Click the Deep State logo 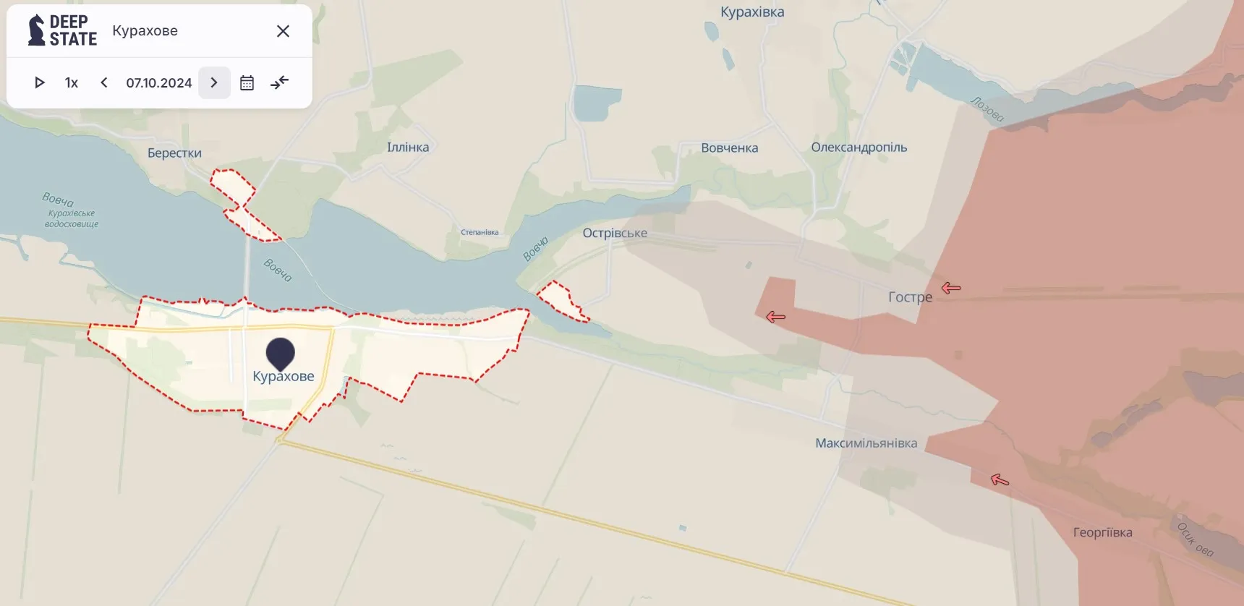click(x=62, y=30)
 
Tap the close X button click(x=283, y=31)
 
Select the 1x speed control click(x=71, y=83)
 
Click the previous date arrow click(x=104, y=82)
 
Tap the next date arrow click(x=214, y=82)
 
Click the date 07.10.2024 click(x=159, y=83)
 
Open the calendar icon click(x=247, y=83)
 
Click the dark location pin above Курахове click(x=281, y=353)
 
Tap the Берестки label click(x=174, y=153)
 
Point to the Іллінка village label click(x=408, y=148)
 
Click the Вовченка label click(x=729, y=148)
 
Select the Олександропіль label click(x=859, y=148)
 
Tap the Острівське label click(x=615, y=234)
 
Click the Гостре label click(x=910, y=297)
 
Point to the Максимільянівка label click(x=866, y=443)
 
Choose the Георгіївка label click(x=1102, y=533)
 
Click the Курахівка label click(x=752, y=12)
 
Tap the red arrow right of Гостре click(x=951, y=288)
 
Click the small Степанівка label click(x=480, y=233)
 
